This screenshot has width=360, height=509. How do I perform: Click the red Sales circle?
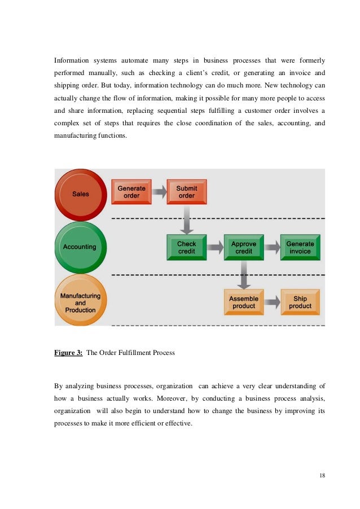pyautogui.click(x=80, y=194)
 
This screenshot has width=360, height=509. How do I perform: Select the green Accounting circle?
pyautogui.click(x=80, y=247)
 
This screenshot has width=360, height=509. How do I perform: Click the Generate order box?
pyautogui.click(x=131, y=192)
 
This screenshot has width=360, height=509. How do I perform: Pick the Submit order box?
pyautogui.click(x=187, y=192)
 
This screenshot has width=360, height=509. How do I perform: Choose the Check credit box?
pyautogui.click(x=187, y=247)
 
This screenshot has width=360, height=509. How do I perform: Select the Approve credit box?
pyautogui.click(x=244, y=247)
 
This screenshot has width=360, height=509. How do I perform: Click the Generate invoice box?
pyautogui.click(x=300, y=247)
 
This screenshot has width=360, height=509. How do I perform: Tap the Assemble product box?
pyautogui.click(x=244, y=302)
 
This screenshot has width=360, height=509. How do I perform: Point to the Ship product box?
pyautogui.click(x=300, y=302)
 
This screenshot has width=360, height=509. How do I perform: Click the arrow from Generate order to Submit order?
pyautogui.click(x=159, y=192)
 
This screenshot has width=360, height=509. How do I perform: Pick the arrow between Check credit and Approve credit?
pyautogui.click(x=215, y=247)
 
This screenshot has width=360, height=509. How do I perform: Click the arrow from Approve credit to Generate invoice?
pyautogui.click(x=272, y=247)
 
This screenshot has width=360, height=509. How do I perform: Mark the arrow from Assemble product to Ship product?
pyautogui.click(x=272, y=302)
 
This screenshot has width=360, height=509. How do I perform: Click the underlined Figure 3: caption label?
pyautogui.click(x=68, y=353)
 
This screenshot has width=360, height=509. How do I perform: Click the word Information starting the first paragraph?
pyautogui.click(x=71, y=60)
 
